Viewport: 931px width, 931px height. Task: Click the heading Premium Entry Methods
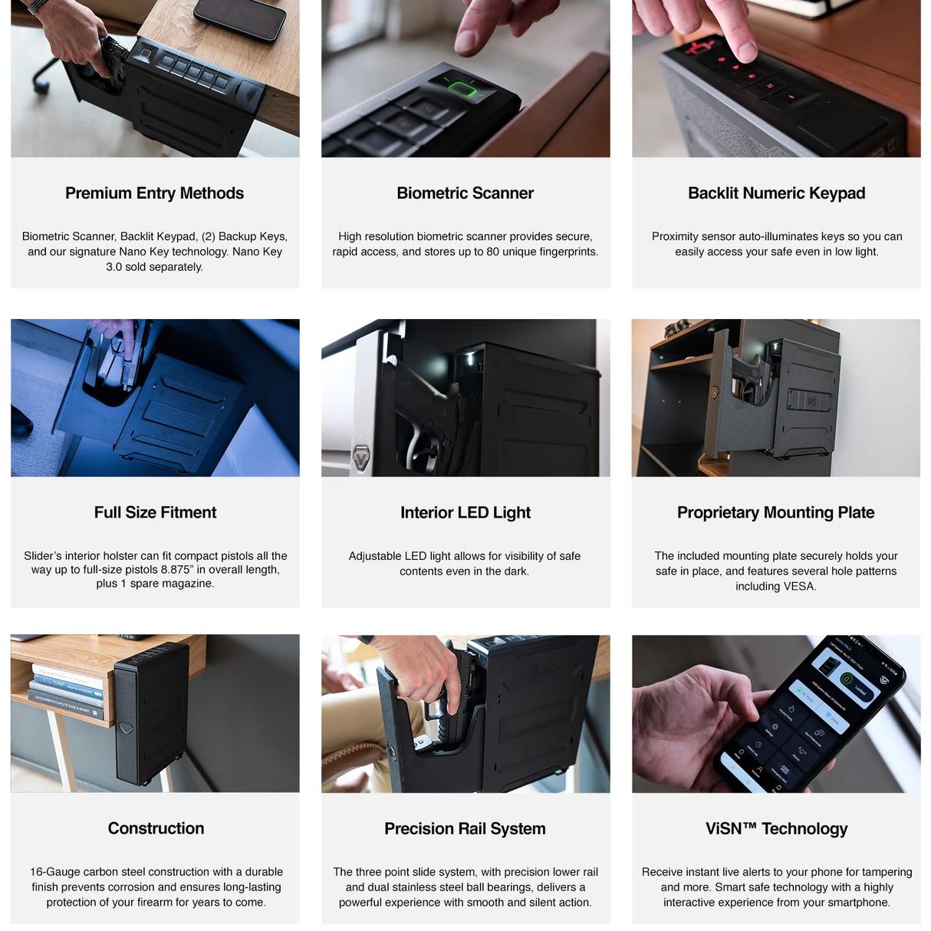(155, 193)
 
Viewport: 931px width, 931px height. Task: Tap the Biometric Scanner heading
(465, 193)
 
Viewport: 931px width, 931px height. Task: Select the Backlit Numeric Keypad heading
(776, 193)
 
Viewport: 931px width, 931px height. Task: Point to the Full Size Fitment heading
(155, 512)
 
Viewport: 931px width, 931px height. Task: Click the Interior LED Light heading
(465, 512)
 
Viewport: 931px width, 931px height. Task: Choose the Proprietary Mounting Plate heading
(775, 512)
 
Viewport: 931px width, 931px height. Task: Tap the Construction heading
(156, 828)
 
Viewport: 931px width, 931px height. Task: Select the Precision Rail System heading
(465, 828)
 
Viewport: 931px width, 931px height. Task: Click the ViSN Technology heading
(776, 828)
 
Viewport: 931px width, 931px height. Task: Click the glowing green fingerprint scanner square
(462, 89)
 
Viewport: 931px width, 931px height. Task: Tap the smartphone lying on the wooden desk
(239, 18)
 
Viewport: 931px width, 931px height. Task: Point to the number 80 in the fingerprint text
(492, 252)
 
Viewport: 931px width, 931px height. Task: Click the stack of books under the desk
(67, 691)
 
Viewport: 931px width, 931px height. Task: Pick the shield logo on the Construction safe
(127, 728)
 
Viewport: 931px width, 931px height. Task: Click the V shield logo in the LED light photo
(361, 456)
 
